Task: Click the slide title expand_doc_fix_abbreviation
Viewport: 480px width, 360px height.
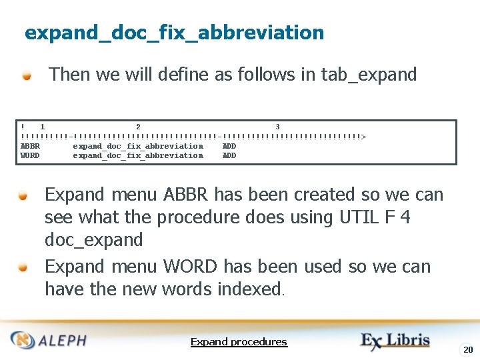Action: [x=174, y=32]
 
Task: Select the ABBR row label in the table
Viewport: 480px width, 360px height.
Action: [x=30, y=146]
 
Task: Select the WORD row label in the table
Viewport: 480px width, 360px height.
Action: [x=30, y=155]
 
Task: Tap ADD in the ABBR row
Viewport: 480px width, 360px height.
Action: [x=229, y=146]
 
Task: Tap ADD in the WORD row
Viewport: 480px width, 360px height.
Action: [x=229, y=155]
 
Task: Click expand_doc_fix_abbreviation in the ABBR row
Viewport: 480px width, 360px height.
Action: [x=138, y=146]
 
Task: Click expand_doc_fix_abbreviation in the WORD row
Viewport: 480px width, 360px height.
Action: [x=138, y=155]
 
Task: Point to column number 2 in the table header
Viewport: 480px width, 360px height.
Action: [x=138, y=127]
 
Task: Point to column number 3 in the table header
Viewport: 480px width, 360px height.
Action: [x=277, y=127]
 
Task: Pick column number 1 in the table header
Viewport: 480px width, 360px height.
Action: [x=43, y=127]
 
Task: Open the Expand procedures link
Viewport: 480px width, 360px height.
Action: [x=239, y=342]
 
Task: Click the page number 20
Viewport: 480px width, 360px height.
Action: [x=468, y=349]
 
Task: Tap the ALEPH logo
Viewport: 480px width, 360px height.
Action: [x=49, y=340]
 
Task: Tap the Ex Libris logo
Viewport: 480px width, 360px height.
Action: [x=396, y=341]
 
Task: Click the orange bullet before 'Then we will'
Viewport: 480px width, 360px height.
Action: [x=27, y=75]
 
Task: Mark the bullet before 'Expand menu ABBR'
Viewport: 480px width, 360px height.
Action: [x=23, y=195]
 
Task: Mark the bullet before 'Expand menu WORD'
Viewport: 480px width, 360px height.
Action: [x=23, y=267]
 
